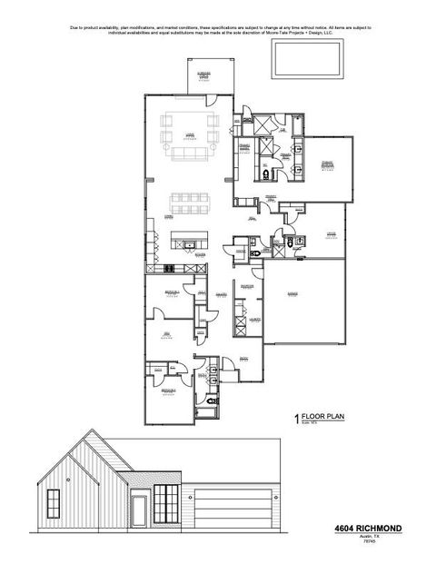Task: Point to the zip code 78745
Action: click(392, 542)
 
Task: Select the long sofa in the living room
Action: click(189, 155)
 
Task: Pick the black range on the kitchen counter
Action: click(169, 267)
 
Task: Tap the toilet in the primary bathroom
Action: click(264, 173)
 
